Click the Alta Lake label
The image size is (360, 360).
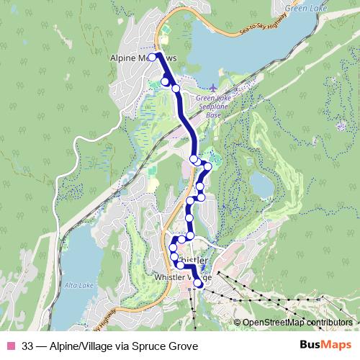(76, 286)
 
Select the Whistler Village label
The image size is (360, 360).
(183, 276)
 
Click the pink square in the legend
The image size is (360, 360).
(10, 346)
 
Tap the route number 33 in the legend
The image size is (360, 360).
(28, 346)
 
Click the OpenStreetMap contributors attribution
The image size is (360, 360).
(297, 323)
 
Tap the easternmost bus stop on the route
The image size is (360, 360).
(208, 166)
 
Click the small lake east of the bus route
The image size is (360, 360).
(261, 186)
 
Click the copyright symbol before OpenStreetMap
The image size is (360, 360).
(238, 323)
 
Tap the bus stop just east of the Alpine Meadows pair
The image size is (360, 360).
(175, 89)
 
